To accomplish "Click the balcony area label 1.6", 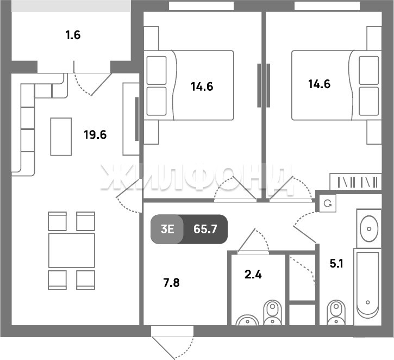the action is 73,35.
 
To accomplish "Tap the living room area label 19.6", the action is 95,135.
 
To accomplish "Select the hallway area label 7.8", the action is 171,283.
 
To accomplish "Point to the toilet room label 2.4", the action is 253,275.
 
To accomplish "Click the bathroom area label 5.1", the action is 336,264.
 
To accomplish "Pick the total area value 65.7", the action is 205,229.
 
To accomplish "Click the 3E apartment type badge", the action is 167,229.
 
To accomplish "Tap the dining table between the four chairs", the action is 72,250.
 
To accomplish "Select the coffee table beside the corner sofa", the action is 61,136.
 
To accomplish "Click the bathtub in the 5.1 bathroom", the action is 367,287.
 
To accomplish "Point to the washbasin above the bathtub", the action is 369,228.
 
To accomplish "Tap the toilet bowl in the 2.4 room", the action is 272,313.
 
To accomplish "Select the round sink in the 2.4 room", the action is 247,320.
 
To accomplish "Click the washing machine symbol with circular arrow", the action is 328,203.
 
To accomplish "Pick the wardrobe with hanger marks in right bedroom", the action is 355,182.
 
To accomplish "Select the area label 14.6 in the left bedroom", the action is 202,86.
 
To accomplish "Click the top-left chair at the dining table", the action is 57,221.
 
